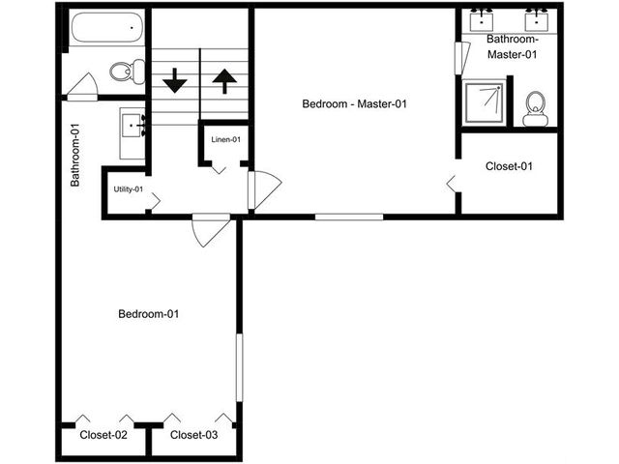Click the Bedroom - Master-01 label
(354, 104)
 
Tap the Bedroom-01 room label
(148, 314)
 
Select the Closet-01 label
(509, 166)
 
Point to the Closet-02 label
(103, 435)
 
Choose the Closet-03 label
(193, 435)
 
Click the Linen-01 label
(225, 139)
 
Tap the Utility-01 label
(129, 189)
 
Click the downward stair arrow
(174, 80)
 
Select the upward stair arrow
(224, 81)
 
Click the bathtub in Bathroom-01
(107, 27)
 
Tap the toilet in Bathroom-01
(127, 72)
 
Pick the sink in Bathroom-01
(133, 126)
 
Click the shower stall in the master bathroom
(485, 102)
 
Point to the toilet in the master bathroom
(535, 109)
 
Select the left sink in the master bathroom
(482, 20)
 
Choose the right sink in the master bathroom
(536, 20)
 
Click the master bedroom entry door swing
(264, 189)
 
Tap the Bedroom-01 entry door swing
(211, 230)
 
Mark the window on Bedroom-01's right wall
(239, 367)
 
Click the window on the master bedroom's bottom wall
(349, 217)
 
